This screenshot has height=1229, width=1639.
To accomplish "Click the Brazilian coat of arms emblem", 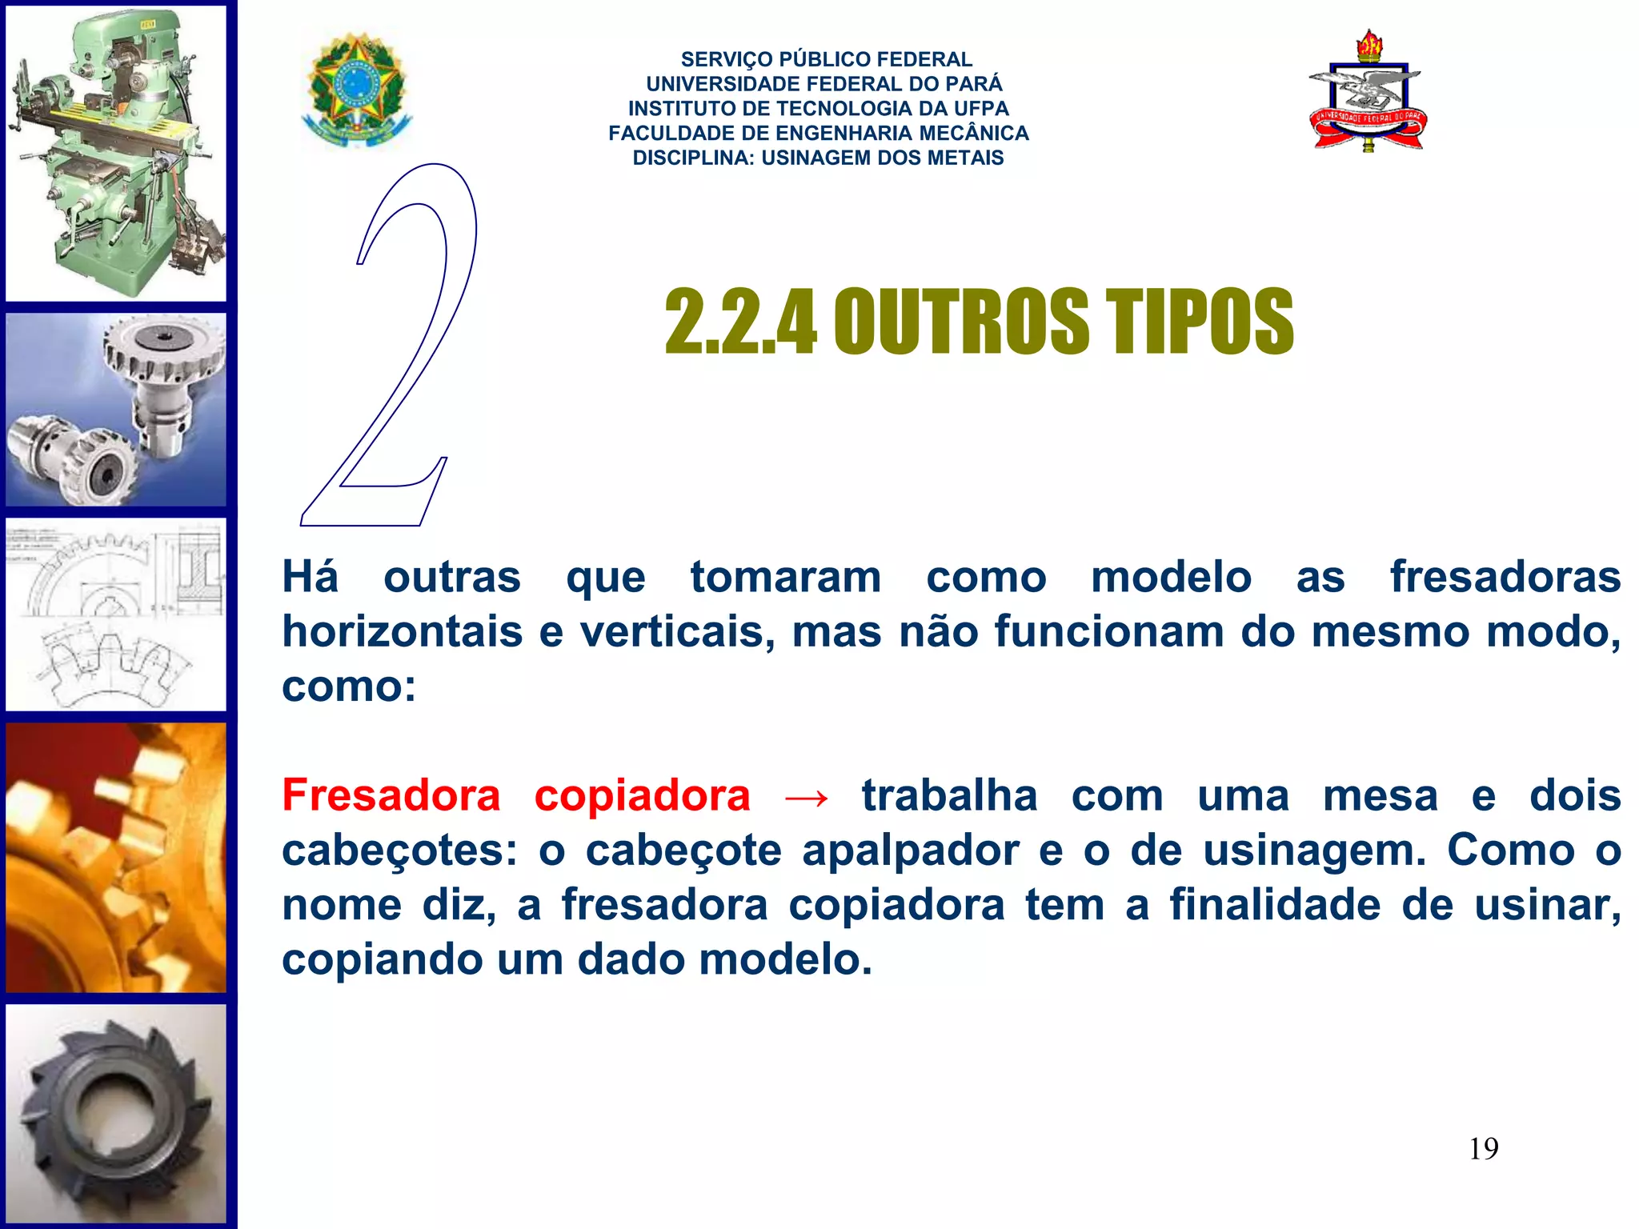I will point(357,90).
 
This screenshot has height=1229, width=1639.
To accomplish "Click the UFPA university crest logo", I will point(1368,92).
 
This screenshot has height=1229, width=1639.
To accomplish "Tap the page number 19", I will point(1483,1149).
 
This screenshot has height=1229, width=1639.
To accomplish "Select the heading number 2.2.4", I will point(740,322).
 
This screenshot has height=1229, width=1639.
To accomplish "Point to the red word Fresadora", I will point(391,795).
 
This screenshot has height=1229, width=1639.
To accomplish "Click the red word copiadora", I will point(642,795).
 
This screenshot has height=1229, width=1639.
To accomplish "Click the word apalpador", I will point(911,850).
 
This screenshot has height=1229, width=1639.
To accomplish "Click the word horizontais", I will point(402,632).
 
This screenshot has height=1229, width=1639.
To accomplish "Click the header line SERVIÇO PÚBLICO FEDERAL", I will point(826,59).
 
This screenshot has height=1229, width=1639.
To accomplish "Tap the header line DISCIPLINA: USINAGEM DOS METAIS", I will point(818,158).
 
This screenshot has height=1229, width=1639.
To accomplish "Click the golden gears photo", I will point(116,858).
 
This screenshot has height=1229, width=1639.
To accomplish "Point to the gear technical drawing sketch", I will point(116,614).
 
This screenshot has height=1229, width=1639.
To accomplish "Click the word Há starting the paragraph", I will point(310,578).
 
